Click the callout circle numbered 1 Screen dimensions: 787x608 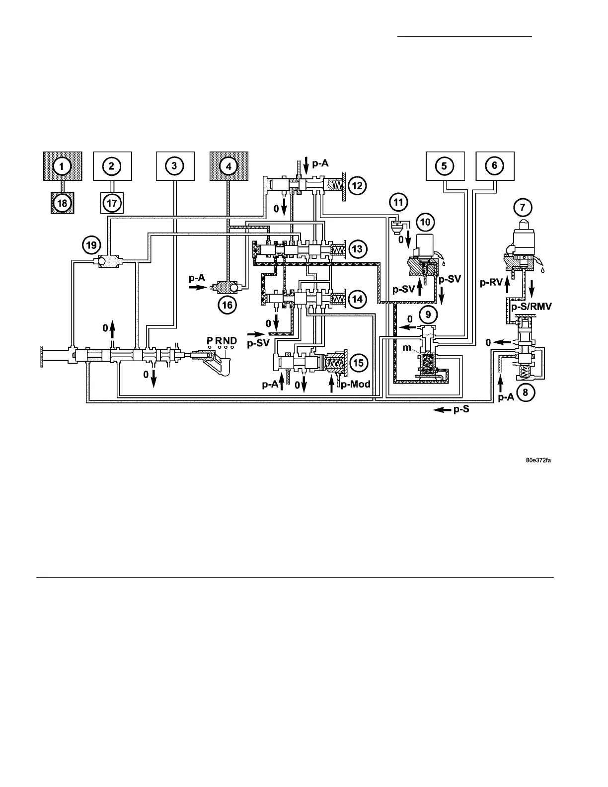pyautogui.click(x=62, y=166)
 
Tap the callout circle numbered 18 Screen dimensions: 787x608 pyautogui.click(x=62, y=204)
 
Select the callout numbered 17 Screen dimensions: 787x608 pyautogui.click(x=112, y=204)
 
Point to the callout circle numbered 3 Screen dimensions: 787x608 pyautogui.click(x=174, y=166)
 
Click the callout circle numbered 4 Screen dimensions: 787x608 pyautogui.click(x=228, y=166)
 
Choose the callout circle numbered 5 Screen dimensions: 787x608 pyautogui.click(x=445, y=166)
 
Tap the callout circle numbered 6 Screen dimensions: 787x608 pyautogui.click(x=495, y=166)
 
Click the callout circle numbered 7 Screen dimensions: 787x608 pyautogui.click(x=526, y=206)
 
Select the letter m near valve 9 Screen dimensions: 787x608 pyautogui.click(x=407, y=348)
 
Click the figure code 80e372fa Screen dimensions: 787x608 pyautogui.click(x=539, y=460)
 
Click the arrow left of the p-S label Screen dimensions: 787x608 pyautogui.click(x=440, y=410)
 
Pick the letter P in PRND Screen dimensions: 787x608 pyautogui.click(x=210, y=340)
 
